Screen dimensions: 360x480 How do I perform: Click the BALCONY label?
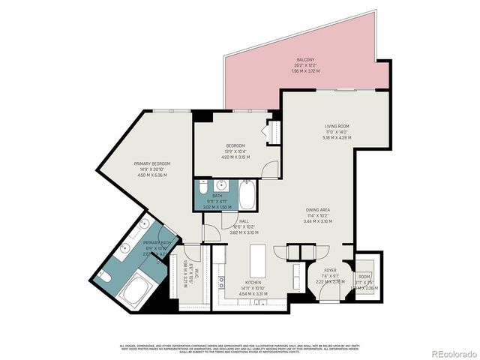point(305,59)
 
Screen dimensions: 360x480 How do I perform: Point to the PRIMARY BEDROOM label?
point(152,163)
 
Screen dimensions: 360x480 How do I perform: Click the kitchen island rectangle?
point(259,260)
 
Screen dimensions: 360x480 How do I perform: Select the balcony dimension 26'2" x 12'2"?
point(305,66)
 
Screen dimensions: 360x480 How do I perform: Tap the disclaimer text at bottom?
point(240,348)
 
